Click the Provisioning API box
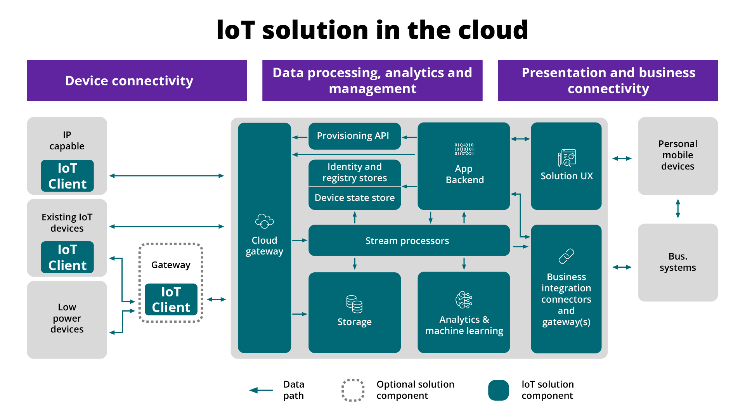point(354,136)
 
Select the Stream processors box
point(409,241)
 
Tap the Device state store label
point(354,198)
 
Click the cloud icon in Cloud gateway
point(264,221)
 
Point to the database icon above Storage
point(354,304)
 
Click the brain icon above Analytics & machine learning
point(464,300)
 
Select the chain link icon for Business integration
point(566,256)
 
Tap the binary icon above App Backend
point(464,149)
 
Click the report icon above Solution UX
point(567,158)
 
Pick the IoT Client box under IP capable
point(68,176)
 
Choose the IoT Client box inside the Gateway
point(171,300)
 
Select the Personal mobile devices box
point(677,156)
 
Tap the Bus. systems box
point(677,262)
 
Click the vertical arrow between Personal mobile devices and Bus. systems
point(677,209)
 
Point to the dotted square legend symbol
point(353,390)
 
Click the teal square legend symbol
point(498,390)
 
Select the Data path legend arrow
point(261,390)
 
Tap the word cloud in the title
point(493,30)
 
